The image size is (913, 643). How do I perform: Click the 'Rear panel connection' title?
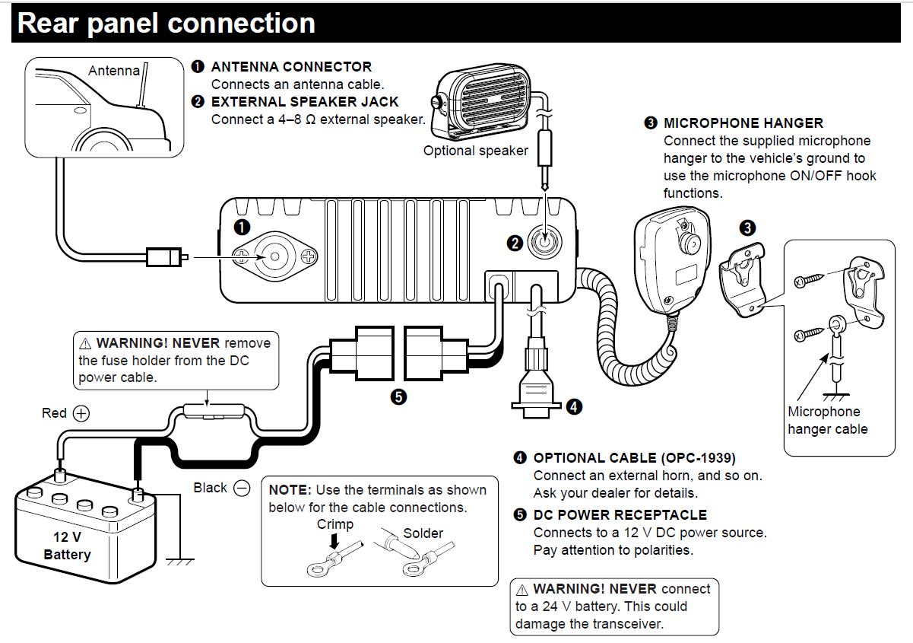[166, 23]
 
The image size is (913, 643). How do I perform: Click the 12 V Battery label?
[67, 546]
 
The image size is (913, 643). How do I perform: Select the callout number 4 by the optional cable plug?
[575, 406]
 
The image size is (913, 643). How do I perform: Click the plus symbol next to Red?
[81, 413]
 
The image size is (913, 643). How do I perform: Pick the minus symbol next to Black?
[242, 488]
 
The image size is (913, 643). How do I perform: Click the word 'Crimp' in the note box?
[335, 524]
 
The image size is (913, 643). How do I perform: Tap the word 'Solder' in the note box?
[423, 533]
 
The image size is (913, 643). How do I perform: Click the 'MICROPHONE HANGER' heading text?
[743, 123]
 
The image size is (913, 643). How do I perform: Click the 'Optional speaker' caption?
[475, 151]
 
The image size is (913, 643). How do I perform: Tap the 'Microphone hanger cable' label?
[827, 420]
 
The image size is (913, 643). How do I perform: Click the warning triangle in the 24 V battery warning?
[521, 590]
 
